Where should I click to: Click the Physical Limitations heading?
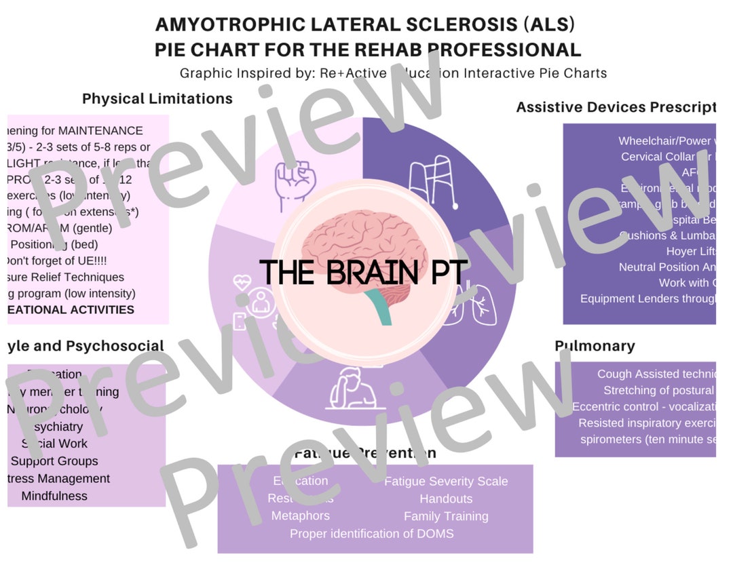coord(157,99)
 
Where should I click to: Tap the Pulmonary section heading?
coord(595,346)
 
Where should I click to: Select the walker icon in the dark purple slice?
coord(433,182)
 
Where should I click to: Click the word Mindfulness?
coord(54,496)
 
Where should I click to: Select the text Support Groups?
coord(54,461)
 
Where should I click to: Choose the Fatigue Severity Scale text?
coord(446,482)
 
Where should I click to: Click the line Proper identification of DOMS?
coord(372,534)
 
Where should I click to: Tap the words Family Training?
coord(446,516)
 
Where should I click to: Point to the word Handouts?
coord(446,499)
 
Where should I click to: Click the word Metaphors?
coord(300,516)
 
